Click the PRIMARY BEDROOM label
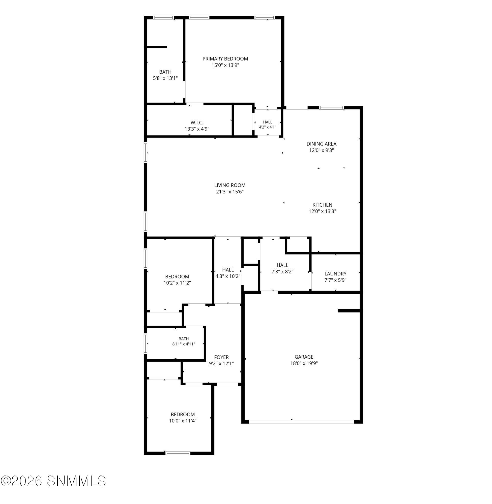pyautogui.click(x=225, y=59)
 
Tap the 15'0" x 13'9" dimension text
pyautogui.click(x=225, y=65)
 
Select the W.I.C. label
pyautogui.click(x=197, y=123)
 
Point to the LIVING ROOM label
pyautogui.click(x=230, y=185)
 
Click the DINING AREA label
pyautogui.click(x=322, y=144)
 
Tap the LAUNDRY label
pyautogui.click(x=335, y=274)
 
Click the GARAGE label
pyautogui.click(x=304, y=357)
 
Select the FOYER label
pyautogui.click(x=221, y=357)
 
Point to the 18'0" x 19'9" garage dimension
pyautogui.click(x=304, y=363)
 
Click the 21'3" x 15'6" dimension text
pyautogui.click(x=230, y=192)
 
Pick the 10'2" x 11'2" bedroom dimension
pyautogui.click(x=177, y=283)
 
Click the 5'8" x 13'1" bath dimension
pyautogui.click(x=165, y=78)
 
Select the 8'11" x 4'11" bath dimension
pyautogui.click(x=184, y=344)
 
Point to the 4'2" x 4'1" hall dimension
pyautogui.click(x=268, y=127)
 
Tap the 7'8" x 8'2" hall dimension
pyautogui.click(x=282, y=272)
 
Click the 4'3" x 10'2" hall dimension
pyautogui.click(x=228, y=276)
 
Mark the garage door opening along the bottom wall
pyautogui.click(x=301, y=422)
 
